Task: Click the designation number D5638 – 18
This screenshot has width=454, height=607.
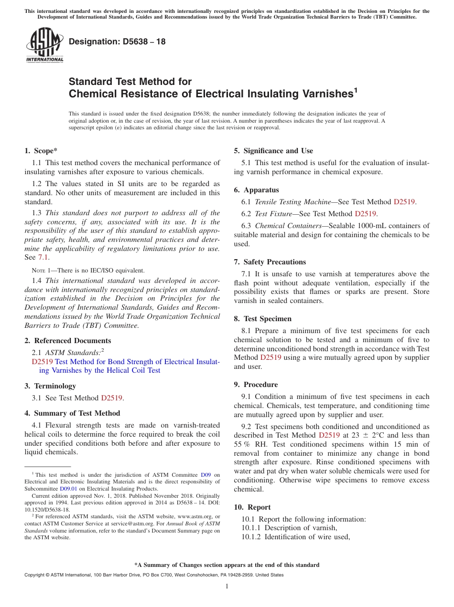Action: pos(117,42)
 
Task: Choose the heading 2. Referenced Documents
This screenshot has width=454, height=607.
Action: pos(67,341)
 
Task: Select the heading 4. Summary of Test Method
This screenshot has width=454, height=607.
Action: pos(72,413)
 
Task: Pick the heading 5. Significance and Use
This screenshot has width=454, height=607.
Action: pos(273,151)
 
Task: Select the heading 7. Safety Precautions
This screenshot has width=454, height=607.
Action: pos(270,262)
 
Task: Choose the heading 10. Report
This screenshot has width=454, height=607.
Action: pos(252,507)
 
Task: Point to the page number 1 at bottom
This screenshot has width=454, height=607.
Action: pos(227,586)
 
